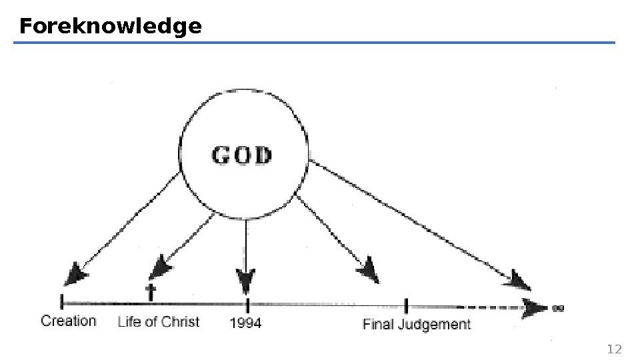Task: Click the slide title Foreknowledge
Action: pos(110,27)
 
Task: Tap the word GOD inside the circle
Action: pos(241,156)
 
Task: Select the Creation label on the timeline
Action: pos(69,321)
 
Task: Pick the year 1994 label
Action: pos(245,323)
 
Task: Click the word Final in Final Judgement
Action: pos(377,325)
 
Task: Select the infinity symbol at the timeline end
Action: pos(559,308)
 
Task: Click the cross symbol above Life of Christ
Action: pos(151,291)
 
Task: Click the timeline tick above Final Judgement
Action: pos(406,305)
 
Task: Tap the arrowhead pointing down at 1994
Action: pos(246,281)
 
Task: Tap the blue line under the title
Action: pos(313,43)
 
